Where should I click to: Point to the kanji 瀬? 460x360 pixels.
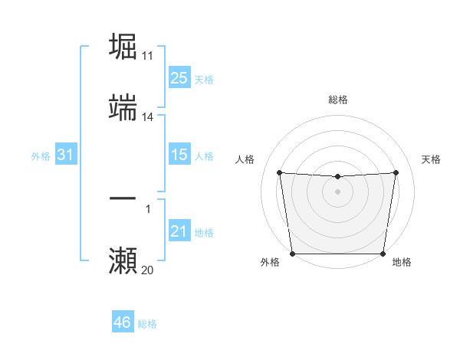[123, 260]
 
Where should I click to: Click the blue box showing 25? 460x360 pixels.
[179, 78]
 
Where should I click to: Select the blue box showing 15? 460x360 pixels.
[179, 155]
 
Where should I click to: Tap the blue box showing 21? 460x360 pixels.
[179, 232]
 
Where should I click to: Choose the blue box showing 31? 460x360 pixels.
[65, 155]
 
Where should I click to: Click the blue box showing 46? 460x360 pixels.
[122, 322]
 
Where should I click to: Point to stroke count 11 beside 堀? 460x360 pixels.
[148, 56]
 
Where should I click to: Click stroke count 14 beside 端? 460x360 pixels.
[148, 117]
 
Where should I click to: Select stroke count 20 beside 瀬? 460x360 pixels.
[148, 270]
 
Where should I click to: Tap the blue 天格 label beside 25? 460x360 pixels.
[204, 80]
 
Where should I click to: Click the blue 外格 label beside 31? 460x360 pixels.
[41, 156]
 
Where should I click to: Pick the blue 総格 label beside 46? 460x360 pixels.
[147, 324]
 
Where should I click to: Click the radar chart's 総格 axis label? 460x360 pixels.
[338, 100]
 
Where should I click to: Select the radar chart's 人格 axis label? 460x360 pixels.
[247, 159]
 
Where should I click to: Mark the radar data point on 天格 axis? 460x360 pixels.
[396, 172]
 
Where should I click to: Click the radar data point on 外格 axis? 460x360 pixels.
[293, 254]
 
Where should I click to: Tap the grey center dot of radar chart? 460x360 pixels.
[338, 191]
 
